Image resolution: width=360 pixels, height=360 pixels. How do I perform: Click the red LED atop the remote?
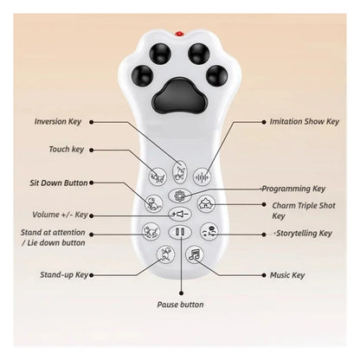point(180,34)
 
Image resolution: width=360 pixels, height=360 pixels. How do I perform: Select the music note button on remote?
point(195,254)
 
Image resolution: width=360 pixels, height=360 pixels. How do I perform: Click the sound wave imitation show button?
point(202,177)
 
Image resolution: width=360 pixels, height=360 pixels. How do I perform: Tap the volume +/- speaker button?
point(180,214)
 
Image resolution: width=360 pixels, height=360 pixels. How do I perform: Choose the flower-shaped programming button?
point(179,196)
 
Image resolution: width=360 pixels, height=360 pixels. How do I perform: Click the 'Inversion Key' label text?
point(58,122)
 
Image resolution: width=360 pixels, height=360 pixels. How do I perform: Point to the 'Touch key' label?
point(67,150)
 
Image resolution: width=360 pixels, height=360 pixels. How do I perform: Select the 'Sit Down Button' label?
point(59,183)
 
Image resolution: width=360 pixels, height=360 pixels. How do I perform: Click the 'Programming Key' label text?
point(293,189)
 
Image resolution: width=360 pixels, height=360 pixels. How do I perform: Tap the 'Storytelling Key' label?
point(304,234)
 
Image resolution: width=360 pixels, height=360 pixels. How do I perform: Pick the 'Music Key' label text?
point(287,275)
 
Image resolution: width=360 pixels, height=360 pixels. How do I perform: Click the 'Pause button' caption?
point(180,305)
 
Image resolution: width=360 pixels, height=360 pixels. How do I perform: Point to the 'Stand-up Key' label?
point(64,275)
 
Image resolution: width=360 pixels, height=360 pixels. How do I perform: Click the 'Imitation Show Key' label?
point(305,122)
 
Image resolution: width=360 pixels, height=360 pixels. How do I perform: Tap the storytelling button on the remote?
point(209,232)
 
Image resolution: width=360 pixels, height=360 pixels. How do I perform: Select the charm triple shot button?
point(206,203)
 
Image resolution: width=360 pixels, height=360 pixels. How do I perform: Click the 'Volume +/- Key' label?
point(60,215)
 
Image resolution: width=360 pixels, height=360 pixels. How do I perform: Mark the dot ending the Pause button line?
point(181,293)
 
